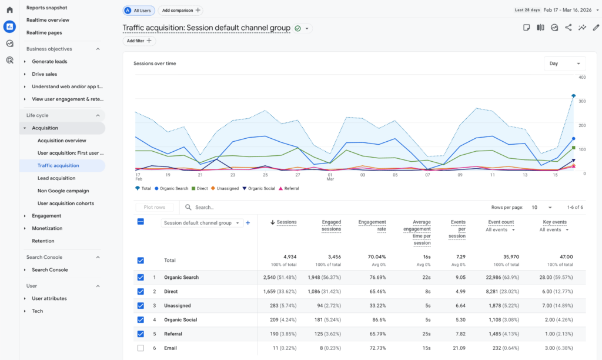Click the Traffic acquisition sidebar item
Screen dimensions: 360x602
(58, 165)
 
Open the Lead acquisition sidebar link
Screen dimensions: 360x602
(56, 178)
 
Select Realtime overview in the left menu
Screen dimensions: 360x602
(48, 20)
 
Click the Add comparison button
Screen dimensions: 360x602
(181, 11)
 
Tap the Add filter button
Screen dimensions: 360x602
(139, 41)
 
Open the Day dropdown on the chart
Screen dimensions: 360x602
(564, 64)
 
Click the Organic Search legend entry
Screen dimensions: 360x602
(173, 188)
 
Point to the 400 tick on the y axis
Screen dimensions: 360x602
(581, 77)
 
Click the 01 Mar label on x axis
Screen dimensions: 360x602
(330, 176)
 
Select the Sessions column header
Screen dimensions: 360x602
(286, 222)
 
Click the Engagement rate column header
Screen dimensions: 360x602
(373, 225)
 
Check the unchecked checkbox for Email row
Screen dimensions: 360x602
(140, 348)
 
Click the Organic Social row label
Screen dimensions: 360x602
(181, 320)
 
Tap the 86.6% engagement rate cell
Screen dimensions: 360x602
(377, 320)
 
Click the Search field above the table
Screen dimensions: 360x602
(235, 207)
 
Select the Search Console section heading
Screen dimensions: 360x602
(44, 257)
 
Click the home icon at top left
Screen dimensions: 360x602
(9, 9)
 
